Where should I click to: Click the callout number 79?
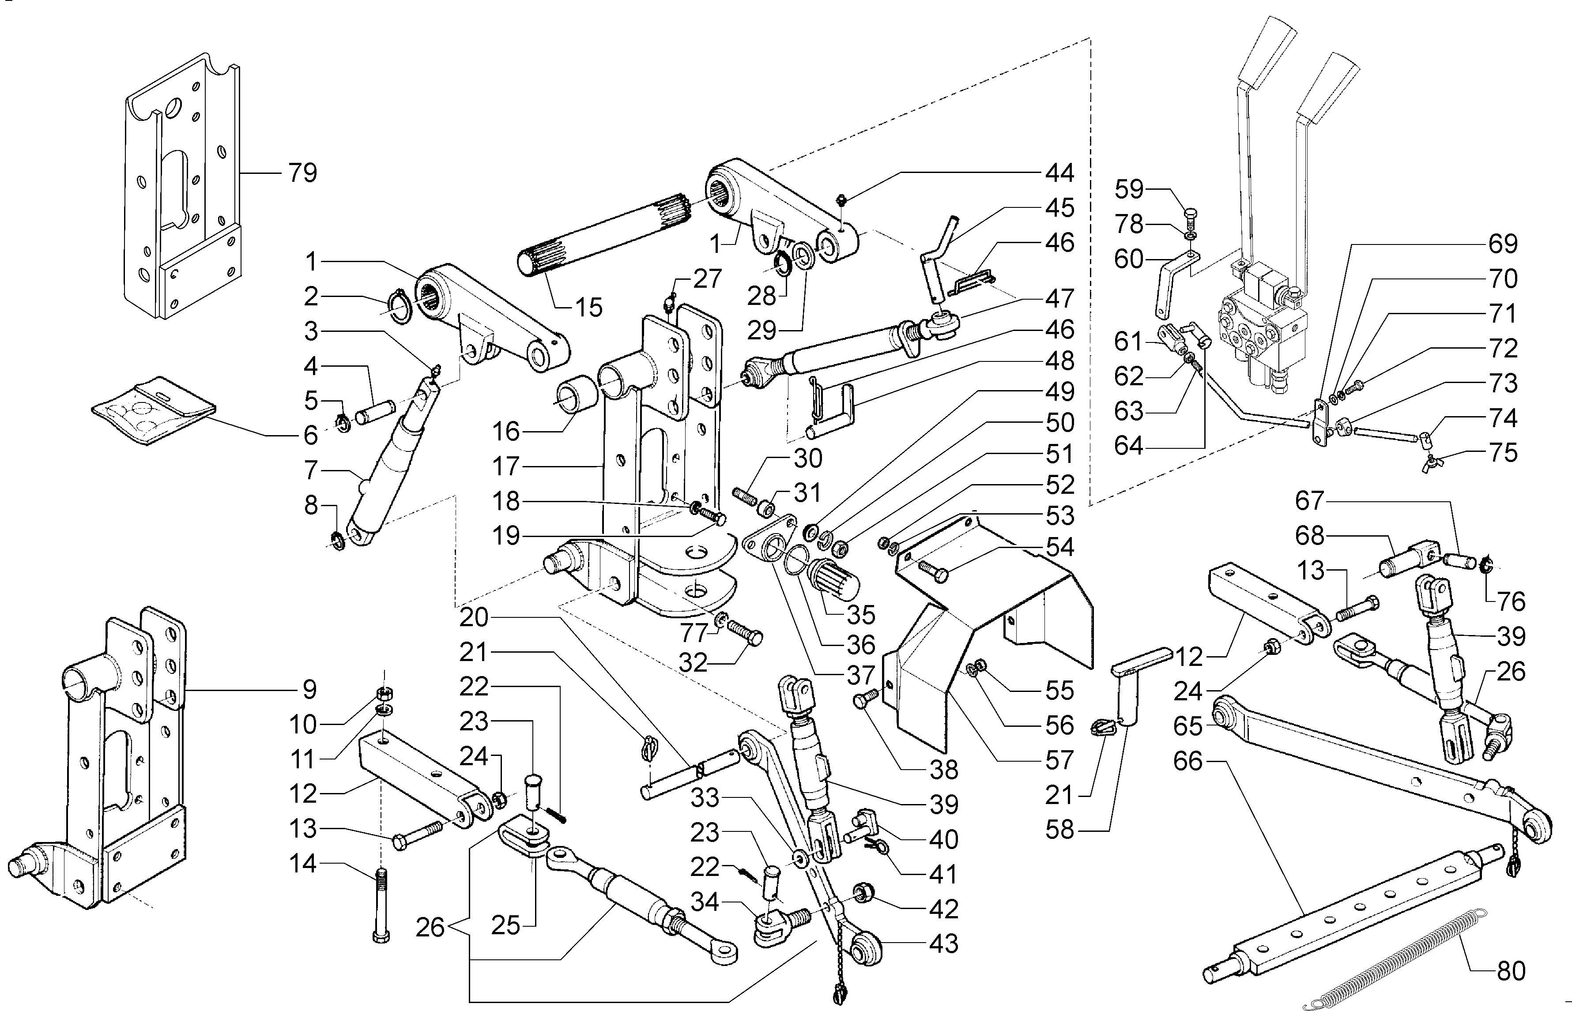click(x=302, y=173)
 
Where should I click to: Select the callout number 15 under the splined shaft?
click(x=588, y=307)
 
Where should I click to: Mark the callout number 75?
click(x=1504, y=453)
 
